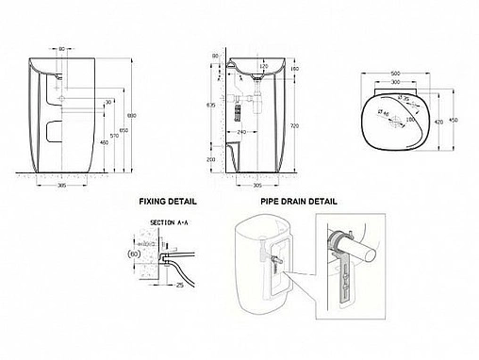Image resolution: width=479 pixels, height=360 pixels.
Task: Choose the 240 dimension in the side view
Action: point(241,132)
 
